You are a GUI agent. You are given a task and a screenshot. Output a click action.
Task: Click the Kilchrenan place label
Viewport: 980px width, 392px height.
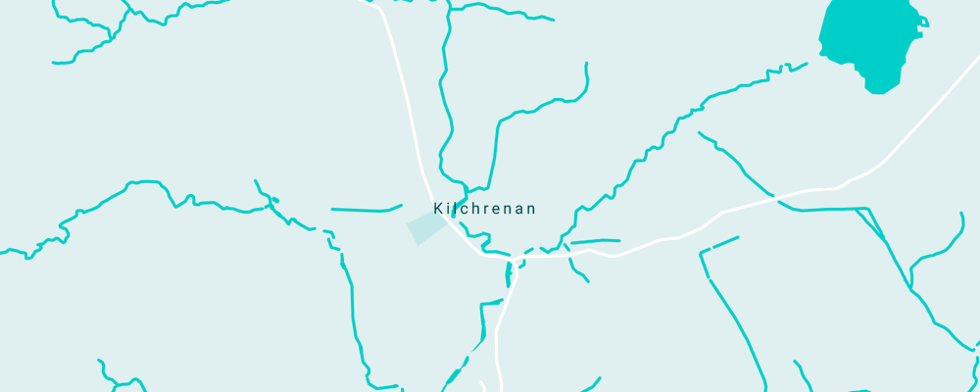[484, 209]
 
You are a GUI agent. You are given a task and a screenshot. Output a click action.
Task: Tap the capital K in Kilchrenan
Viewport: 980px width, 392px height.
[438, 209]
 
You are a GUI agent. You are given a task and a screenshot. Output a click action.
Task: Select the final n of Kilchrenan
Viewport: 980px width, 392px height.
[531, 209]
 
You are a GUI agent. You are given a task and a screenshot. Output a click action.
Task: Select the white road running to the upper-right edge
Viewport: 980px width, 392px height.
[931, 108]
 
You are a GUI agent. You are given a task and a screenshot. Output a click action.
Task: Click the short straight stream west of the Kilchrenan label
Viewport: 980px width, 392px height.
[365, 210]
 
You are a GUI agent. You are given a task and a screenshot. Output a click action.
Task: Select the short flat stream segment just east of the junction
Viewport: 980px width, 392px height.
[595, 241]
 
